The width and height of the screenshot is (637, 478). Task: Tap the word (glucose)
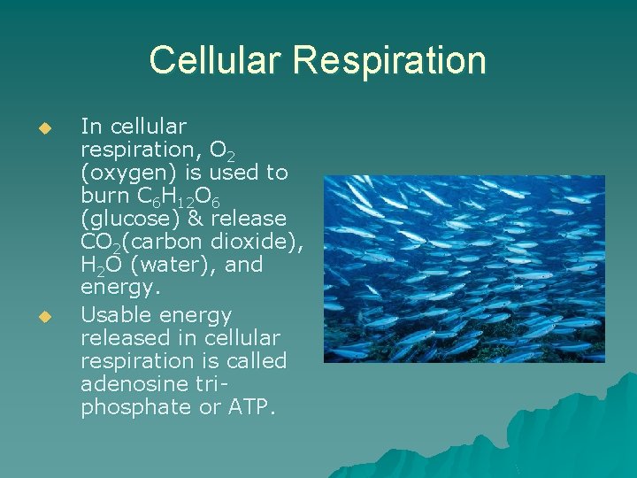click(128, 219)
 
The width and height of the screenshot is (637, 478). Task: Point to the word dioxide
click(257, 242)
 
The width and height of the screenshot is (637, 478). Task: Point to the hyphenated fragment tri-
click(213, 384)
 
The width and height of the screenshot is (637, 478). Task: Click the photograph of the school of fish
click(464, 268)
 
